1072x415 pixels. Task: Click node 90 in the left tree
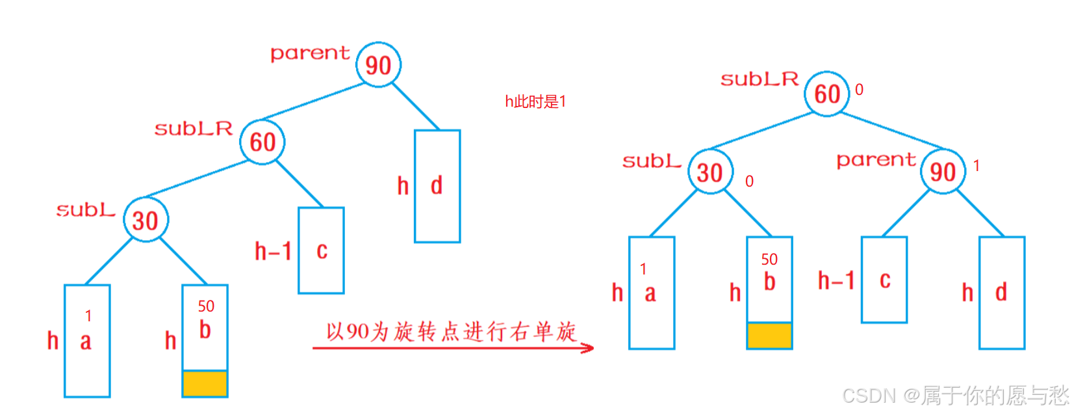(379, 64)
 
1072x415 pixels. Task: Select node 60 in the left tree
(262, 141)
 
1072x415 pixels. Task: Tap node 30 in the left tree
(146, 220)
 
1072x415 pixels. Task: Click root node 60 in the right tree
(827, 94)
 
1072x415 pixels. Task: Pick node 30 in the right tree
(710, 172)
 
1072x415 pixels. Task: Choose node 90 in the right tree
(943, 172)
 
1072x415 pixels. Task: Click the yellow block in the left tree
(205, 384)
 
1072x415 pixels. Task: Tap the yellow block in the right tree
(769, 336)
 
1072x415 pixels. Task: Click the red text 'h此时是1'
(535, 101)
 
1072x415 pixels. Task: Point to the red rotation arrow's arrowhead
(587, 348)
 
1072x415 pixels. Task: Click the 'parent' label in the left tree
(310, 53)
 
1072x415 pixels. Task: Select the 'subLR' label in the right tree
(759, 79)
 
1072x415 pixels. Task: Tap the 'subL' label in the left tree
(86, 210)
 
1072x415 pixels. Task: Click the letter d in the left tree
(437, 186)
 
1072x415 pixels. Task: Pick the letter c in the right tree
(885, 280)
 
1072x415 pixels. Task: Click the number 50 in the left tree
(206, 306)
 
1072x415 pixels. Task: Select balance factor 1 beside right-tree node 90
(976, 167)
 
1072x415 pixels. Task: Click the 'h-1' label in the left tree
(273, 251)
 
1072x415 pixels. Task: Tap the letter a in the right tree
(650, 293)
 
